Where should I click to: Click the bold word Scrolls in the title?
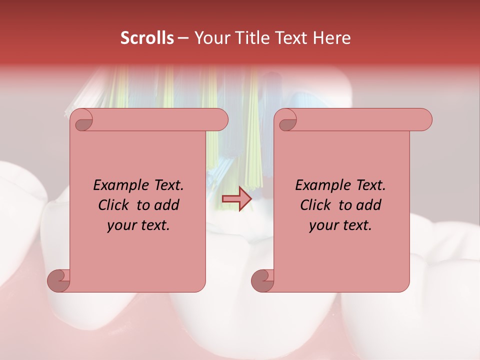147,38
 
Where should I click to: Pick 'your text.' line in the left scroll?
138,225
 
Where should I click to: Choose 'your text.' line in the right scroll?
340,225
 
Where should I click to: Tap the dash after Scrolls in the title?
183,38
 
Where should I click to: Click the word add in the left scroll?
166,205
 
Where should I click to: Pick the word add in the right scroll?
368,205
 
